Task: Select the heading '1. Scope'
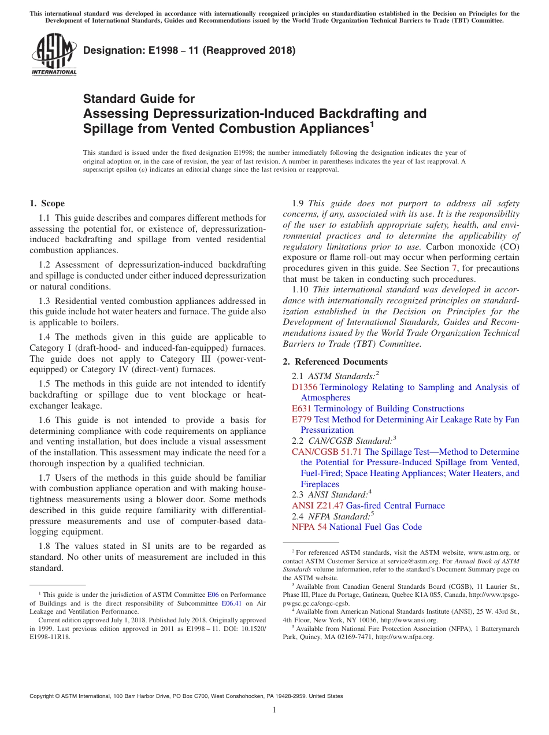coord(47,203)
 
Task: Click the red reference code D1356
coord(304,387)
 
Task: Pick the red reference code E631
coord(302,409)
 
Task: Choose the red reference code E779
coord(302,420)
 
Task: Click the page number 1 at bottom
coord(274,710)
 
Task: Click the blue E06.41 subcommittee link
coord(232,603)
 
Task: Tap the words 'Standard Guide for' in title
coord(139,99)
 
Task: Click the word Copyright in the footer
coord(44,696)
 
